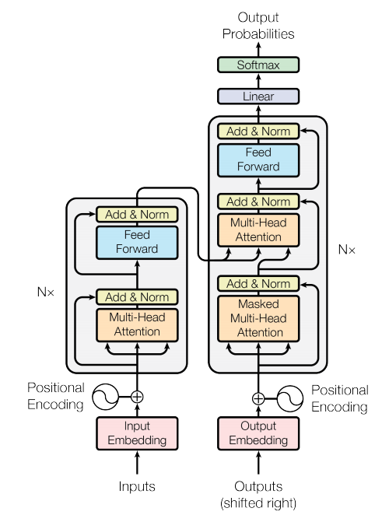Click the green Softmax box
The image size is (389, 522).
tap(258, 65)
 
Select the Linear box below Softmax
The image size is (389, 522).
tap(258, 96)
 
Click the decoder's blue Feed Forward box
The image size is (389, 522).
tap(258, 159)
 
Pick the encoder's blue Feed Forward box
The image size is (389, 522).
tap(137, 242)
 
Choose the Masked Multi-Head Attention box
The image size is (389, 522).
tap(258, 318)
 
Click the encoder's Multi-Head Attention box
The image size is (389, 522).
tap(137, 324)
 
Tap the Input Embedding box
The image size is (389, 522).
tap(137, 433)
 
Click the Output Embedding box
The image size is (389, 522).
tap(258, 433)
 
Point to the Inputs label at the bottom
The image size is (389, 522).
tap(137, 487)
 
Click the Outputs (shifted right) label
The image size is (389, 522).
tap(258, 494)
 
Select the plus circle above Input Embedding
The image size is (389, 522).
tap(137, 397)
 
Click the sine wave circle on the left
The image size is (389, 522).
tap(105, 397)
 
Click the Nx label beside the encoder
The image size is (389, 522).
tap(47, 293)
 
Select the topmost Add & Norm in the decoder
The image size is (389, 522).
tap(258, 131)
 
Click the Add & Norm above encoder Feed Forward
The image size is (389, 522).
tap(137, 214)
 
